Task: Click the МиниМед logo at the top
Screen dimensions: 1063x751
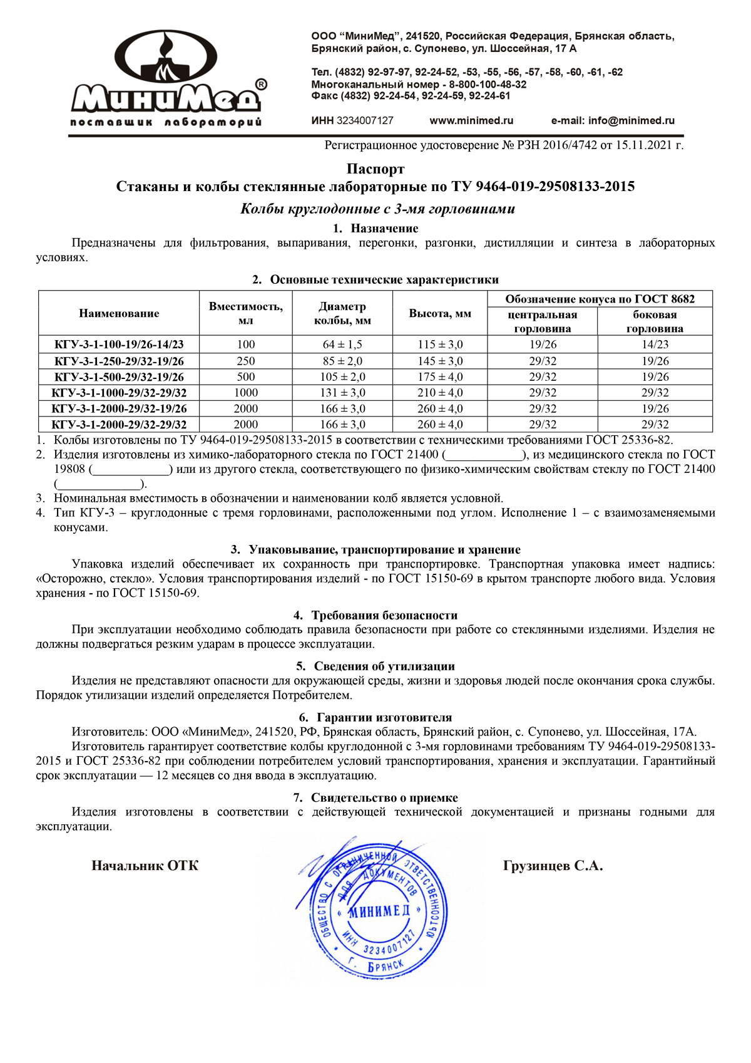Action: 166,78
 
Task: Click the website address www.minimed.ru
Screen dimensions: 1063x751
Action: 471,121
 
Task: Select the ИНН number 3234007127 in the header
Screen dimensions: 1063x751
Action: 365,121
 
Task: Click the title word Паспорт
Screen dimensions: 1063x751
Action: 375,169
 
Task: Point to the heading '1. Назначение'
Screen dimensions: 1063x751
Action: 375,229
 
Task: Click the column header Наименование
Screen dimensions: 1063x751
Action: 119,313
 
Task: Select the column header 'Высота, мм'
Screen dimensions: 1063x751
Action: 440,313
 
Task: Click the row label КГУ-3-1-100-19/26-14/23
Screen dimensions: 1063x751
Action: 119,345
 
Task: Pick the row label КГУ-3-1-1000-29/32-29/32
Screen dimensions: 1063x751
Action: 119,393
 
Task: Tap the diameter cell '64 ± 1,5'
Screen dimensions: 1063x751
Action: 342,345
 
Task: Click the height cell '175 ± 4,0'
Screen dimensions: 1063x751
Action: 440,377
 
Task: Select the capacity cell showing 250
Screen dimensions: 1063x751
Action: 246,361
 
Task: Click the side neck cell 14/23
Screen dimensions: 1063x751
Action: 655,345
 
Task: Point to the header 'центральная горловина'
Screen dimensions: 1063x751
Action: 543,321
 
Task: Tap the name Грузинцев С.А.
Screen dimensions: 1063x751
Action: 553,866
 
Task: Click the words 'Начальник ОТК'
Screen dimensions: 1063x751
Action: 145,866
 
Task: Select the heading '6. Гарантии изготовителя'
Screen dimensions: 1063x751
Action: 375,718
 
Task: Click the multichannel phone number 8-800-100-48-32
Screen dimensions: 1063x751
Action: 488,85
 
